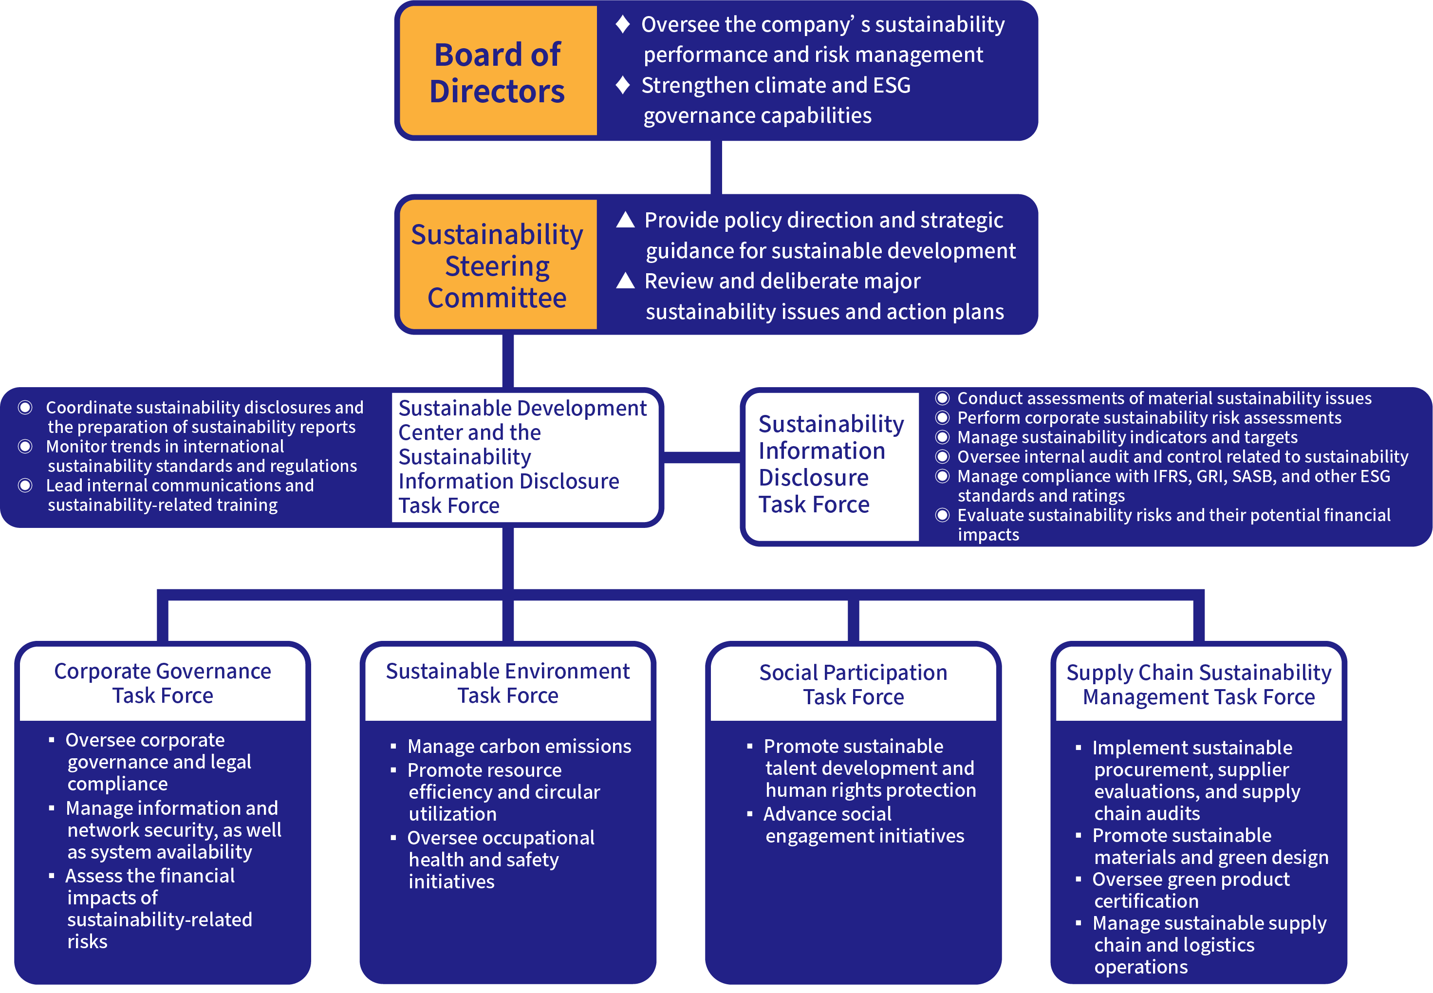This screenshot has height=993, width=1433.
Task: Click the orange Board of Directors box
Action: pos(498,72)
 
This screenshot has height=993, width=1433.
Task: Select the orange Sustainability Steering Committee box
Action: pos(498,265)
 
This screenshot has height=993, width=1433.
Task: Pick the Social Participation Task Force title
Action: pos(854,684)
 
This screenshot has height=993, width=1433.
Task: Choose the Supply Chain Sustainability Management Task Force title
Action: pos(1198,684)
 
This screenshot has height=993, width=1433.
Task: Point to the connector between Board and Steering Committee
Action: pos(716,167)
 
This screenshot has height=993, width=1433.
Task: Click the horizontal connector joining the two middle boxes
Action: pos(702,458)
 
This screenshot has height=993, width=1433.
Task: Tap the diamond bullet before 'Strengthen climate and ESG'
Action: pos(623,85)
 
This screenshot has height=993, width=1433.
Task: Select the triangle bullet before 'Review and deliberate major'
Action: pos(625,281)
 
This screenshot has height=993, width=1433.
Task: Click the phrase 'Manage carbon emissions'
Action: pos(519,746)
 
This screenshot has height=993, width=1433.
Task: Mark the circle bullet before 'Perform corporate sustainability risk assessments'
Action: pos(942,417)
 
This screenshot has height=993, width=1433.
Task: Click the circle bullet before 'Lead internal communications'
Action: pos(25,486)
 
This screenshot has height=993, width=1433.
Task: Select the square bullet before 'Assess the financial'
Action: pos(52,876)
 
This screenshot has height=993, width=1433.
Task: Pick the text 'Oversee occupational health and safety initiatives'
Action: pos(500,859)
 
